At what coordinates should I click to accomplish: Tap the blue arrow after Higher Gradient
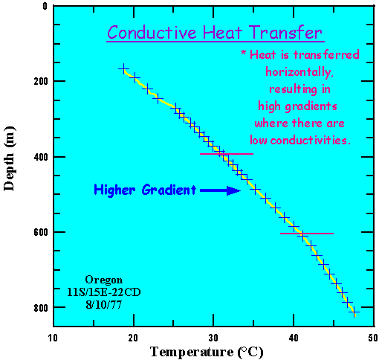pos(220,190)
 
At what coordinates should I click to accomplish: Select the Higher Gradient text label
pos(145,190)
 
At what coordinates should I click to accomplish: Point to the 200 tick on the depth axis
pos(39,81)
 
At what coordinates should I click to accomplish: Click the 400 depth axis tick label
pos(39,157)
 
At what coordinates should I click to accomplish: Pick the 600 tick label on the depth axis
pos(39,232)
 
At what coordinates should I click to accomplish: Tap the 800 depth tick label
pos(39,308)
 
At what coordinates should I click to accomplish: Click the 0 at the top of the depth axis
pos(45,6)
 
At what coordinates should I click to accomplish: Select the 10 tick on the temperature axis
pos(53,336)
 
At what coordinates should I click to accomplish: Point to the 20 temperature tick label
pos(133,336)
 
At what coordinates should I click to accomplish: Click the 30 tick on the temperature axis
pos(213,336)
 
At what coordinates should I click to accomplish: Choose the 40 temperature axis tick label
pos(294,336)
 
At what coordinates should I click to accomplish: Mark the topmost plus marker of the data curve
pos(123,68)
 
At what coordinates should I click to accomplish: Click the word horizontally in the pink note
pos(300,72)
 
